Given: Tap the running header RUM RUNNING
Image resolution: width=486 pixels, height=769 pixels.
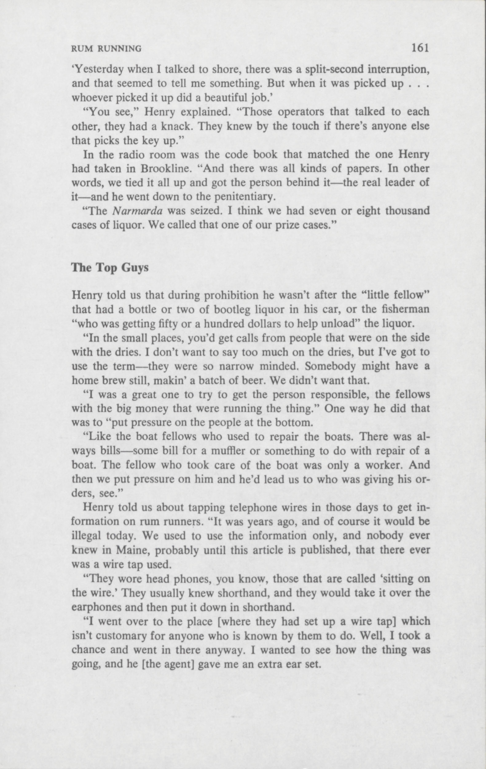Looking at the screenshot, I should (x=106, y=49).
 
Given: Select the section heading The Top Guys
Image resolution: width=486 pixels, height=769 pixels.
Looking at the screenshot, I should (x=110, y=267).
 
